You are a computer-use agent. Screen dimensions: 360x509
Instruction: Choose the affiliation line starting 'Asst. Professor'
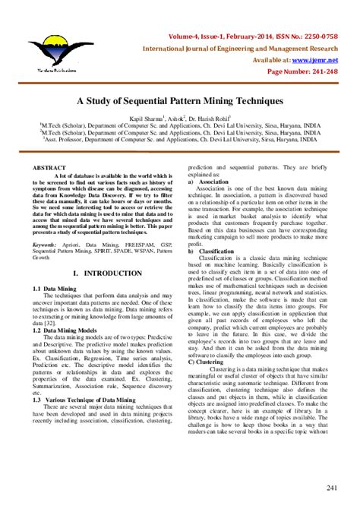tap(180, 140)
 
